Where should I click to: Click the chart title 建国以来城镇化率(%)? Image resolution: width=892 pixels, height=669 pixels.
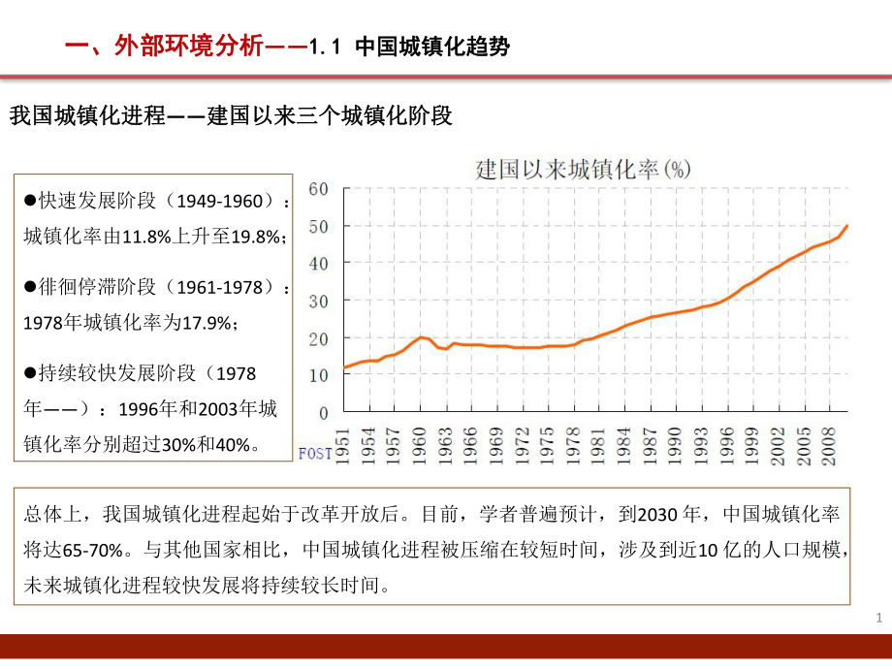click(583, 169)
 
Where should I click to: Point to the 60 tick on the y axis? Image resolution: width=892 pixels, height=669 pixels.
click(319, 188)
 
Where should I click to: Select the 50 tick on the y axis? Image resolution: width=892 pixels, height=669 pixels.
click(319, 226)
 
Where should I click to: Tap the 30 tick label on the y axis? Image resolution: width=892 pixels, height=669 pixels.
click(319, 301)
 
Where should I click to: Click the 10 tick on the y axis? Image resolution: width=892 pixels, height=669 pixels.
click(319, 375)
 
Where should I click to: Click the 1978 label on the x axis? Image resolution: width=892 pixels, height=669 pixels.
click(573, 441)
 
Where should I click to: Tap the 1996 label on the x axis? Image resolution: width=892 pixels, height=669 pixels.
click(725, 441)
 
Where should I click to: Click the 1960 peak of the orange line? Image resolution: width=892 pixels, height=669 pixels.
click(421, 337)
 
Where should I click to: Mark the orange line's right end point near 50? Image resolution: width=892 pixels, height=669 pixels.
click(847, 225)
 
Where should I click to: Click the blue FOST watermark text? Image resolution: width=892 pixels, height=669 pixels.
click(315, 453)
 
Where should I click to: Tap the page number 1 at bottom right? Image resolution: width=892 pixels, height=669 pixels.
click(878, 618)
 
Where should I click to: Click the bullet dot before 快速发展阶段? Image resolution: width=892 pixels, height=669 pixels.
click(30, 201)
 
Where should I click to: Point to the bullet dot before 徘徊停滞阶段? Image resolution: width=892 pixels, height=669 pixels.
click(30, 288)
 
